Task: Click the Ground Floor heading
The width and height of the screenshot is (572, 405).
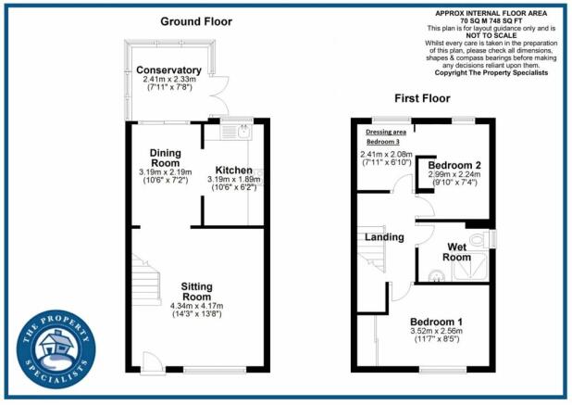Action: (x=196, y=21)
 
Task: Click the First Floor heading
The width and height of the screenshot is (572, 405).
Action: (x=422, y=98)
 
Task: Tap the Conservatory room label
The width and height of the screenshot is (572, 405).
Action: (x=168, y=70)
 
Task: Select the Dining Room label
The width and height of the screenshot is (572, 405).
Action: (x=166, y=158)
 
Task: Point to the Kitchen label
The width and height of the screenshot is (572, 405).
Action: (x=234, y=171)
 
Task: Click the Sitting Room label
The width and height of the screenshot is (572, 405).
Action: (x=196, y=291)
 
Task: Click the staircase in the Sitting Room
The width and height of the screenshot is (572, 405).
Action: (x=146, y=281)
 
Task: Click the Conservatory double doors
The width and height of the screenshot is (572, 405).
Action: (x=219, y=95)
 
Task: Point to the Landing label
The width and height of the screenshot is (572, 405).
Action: (x=384, y=237)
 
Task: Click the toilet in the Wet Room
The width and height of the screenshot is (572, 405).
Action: (x=479, y=239)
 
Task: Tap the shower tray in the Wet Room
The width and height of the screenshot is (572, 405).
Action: (x=470, y=266)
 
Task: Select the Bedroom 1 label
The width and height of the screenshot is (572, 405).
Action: (x=436, y=322)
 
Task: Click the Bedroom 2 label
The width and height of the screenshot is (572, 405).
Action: (x=454, y=165)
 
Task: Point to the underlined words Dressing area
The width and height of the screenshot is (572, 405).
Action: (x=386, y=132)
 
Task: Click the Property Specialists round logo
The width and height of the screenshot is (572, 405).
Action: (x=56, y=349)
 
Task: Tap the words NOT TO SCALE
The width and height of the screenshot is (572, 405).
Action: (x=491, y=35)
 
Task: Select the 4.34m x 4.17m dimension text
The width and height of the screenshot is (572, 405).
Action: (x=196, y=306)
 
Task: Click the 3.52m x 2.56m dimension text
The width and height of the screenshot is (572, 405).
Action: (x=436, y=331)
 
